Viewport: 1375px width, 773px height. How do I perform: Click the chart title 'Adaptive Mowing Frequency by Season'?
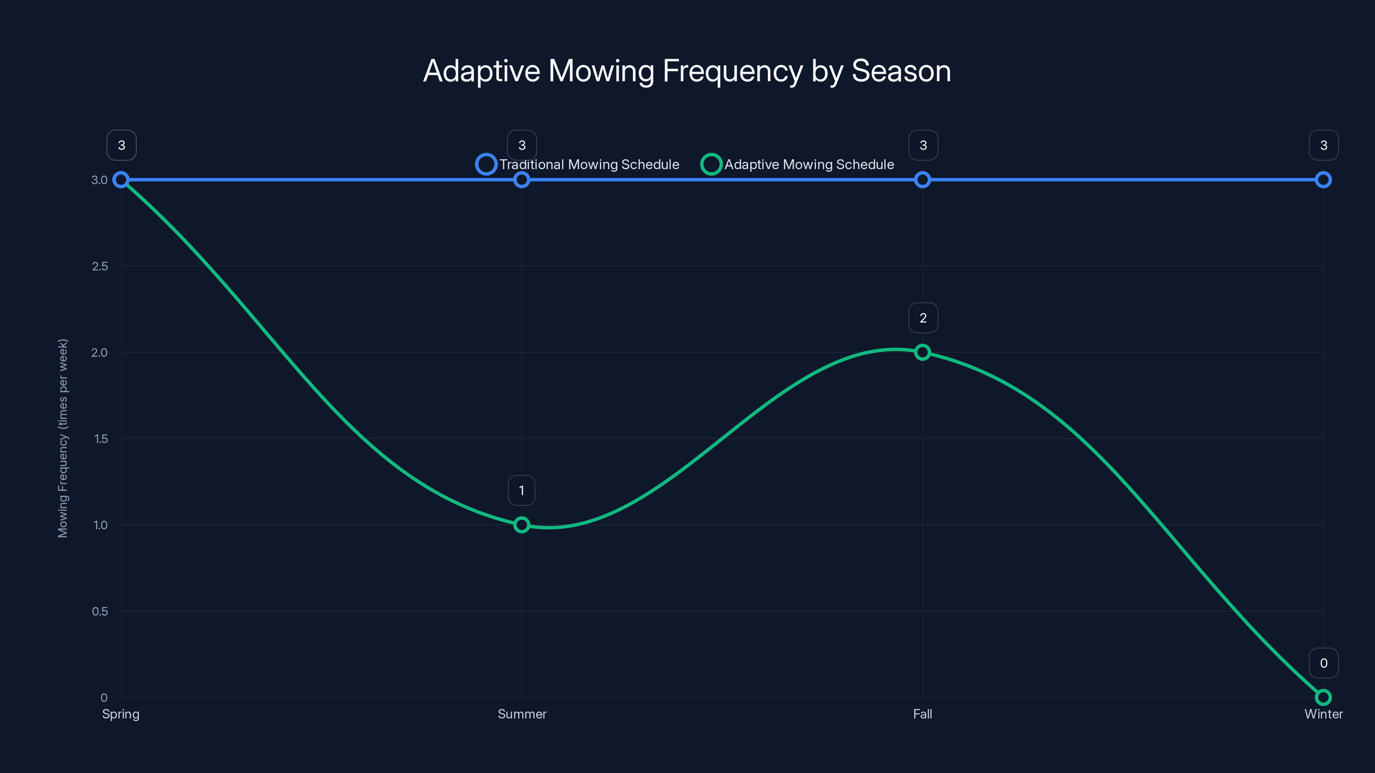coord(687,71)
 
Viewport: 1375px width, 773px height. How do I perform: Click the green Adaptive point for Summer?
coord(522,525)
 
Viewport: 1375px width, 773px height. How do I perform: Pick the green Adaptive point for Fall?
coord(923,352)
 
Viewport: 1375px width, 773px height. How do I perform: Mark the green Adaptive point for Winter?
coord(1323,697)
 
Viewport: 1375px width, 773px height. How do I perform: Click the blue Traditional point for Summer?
coord(522,180)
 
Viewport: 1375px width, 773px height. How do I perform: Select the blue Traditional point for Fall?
coord(923,180)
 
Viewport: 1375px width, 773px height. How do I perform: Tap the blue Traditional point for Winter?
coord(1323,180)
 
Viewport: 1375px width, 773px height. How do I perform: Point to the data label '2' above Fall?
coord(923,318)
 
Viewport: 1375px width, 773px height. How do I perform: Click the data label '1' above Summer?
coord(522,491)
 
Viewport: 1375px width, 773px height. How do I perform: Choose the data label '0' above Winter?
coord(1324,663)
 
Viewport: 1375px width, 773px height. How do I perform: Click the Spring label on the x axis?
coord(121,714)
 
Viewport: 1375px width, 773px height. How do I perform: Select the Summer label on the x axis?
coord(522,714)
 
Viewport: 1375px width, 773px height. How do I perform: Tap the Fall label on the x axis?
coord(923,714)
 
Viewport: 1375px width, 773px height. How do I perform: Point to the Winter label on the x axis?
coord(1323,714)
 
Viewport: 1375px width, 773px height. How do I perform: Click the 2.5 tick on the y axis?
coord(100,266)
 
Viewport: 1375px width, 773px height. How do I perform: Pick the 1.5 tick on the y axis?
coord(101,439)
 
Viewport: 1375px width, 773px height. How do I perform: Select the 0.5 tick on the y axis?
coord(100,612)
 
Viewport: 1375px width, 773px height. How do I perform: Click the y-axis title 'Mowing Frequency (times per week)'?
coord(63,438)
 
